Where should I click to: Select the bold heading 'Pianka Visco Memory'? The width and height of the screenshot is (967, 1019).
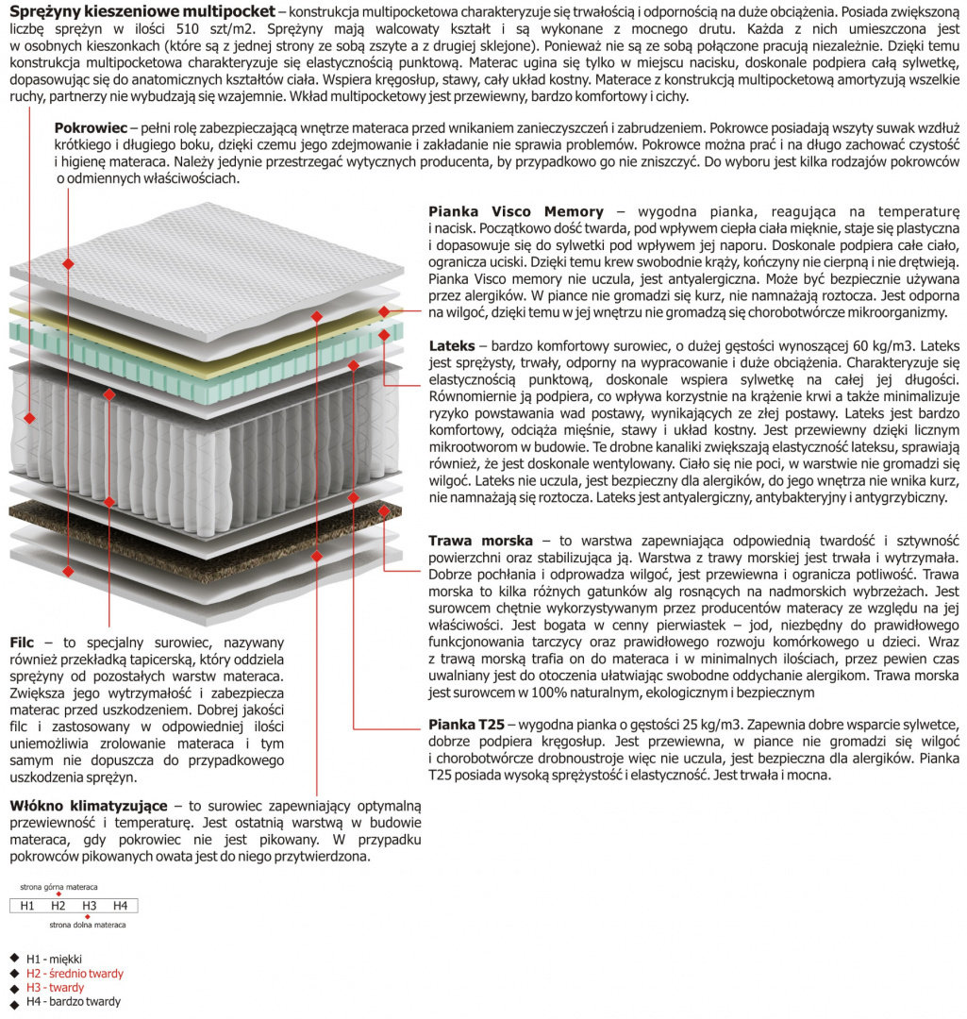(515, 211)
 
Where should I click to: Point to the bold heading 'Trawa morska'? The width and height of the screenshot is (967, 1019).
(480, 541)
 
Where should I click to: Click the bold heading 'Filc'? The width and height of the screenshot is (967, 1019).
(22, 642)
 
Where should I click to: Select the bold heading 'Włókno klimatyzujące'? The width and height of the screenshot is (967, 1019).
(89, 806)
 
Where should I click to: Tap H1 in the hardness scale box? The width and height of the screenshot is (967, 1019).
(26, 906)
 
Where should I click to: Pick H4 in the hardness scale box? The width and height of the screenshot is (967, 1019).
(120, 906)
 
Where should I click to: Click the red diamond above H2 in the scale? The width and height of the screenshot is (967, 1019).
(58, 894)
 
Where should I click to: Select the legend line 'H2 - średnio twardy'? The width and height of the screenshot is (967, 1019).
(75, 973)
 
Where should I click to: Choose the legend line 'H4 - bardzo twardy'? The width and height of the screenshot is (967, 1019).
(74, 1001)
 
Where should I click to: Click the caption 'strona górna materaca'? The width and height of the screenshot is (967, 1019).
(58, 887)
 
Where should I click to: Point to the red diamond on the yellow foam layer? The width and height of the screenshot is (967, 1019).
(384, 312)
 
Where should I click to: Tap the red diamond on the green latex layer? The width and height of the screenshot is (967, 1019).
(384, 334)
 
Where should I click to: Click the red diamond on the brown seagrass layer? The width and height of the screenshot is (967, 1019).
(384, 515)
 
